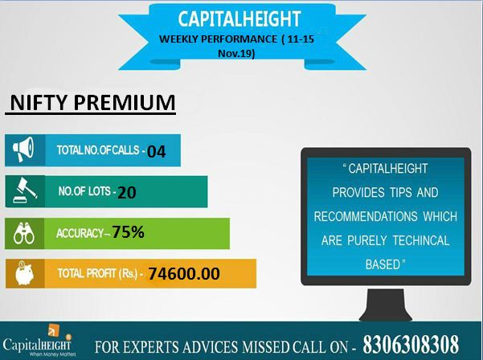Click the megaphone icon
click(x=23, y=149)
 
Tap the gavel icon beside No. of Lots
click(x=25, y=190)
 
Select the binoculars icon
click(x=24, y=233)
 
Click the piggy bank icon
click(x=24, y=273)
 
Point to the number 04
click(x=156, y=152)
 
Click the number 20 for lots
click(x=127, y=193)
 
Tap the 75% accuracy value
click(x=128, y=232)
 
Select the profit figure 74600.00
click(x=184, y=273)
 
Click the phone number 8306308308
click(x=411, y=344)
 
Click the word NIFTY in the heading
click(x=39, y=103)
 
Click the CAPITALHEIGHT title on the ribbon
click(x=239, y=19)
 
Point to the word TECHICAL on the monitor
click(x=421, y=240)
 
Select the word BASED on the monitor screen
click(x=383, y=264)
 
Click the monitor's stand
click(x=385, y=305)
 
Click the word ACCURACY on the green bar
click(x=80, y=233)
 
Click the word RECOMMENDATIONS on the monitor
click(x=366, y=216)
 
